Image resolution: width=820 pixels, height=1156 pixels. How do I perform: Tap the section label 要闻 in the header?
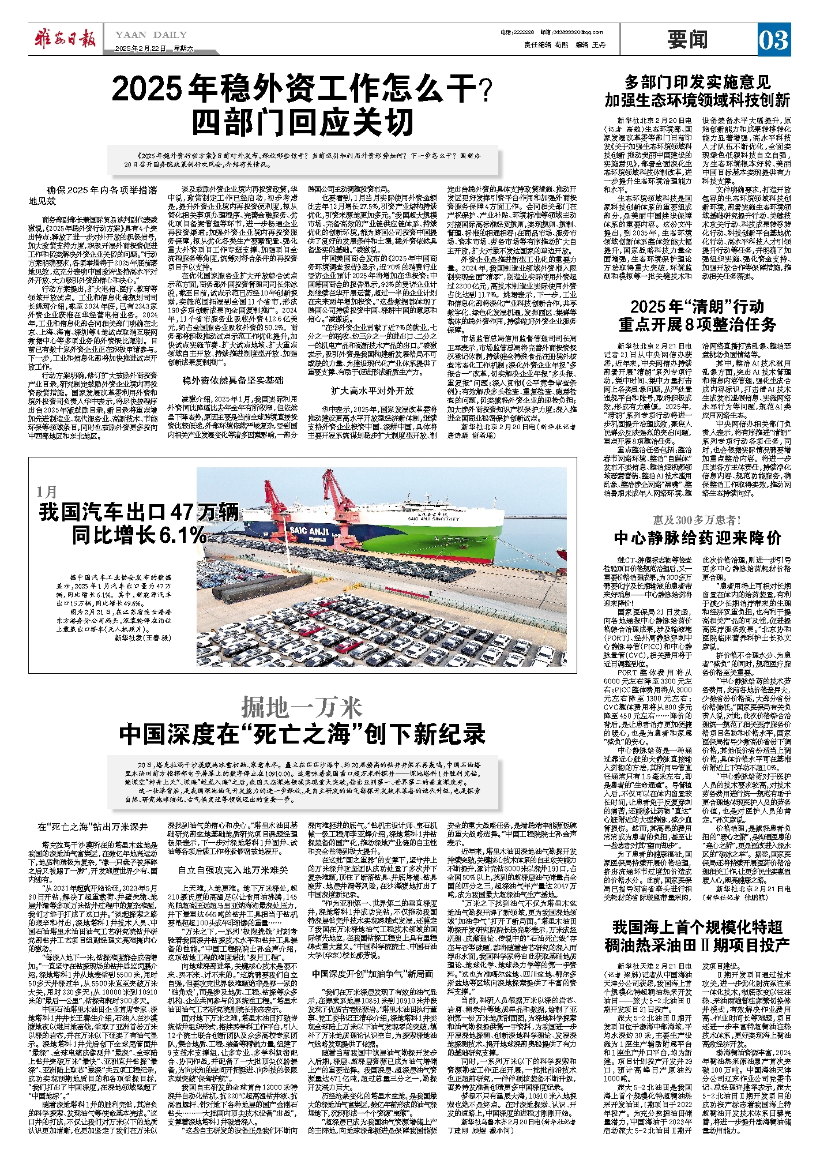pos(688,40)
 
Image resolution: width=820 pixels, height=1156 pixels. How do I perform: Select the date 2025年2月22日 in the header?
pos(141,48)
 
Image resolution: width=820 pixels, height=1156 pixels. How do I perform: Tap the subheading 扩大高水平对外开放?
pos(373,391)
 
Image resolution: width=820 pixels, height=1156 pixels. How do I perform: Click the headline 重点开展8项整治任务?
pos(697,324)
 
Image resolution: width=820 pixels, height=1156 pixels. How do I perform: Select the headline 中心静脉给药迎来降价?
pos(697,538)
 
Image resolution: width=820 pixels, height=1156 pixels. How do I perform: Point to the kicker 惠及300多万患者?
pos(697,520)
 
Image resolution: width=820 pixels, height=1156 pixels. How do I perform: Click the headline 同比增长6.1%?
pos(139,535)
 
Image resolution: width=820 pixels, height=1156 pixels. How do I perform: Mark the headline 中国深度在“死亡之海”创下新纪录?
pos(303,734)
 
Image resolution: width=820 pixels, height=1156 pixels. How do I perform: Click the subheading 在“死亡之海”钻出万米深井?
pos(93,827)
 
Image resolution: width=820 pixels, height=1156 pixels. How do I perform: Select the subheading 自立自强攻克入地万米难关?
pos(233,869)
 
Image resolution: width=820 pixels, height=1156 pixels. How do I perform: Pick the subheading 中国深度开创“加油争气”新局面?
pos(373,973)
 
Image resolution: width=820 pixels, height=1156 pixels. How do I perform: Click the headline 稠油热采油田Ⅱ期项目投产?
pos(697,945)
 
